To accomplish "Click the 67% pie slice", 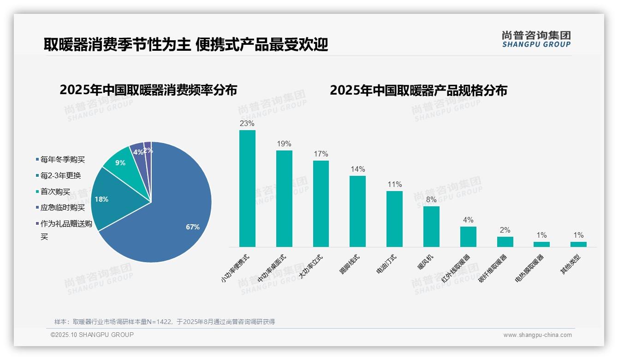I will click(x=175, y=217).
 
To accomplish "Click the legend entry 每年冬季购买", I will click(x=62, y=160).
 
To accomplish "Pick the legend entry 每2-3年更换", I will click(x=60, y=176).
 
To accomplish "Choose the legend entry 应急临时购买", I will click(x=62, y=208).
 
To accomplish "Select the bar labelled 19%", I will click(x=284, y=198).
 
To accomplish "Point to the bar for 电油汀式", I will click(x=394, y=219).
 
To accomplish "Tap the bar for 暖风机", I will click(x=431, y=226).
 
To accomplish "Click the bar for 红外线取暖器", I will click(x=468, y=236).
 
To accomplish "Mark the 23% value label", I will click(x=247, y=124).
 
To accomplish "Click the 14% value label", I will click(x=357, y=169).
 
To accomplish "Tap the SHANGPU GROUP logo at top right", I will click(x=536, y=39).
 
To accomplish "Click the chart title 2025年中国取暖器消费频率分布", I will click(x=148, y=90).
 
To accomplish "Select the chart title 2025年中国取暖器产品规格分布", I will click(x=418, y=90).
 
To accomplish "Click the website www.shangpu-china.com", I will click(x=537, y=335).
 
